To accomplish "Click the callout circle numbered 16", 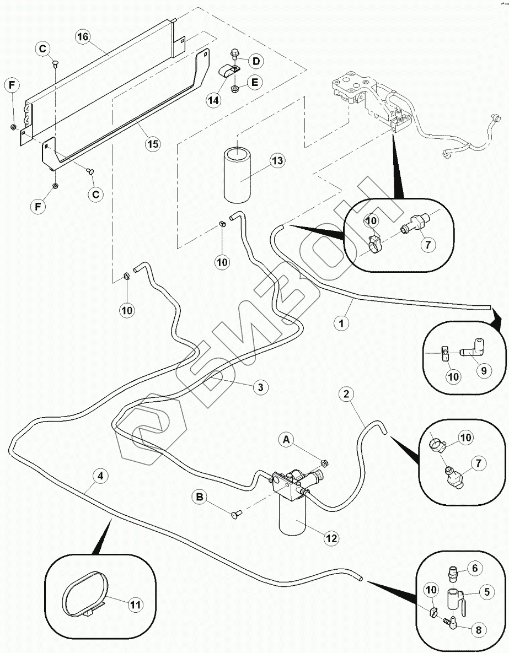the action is [83, 37].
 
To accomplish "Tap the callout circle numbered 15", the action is [153, 144].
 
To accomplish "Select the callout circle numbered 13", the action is [277, 161].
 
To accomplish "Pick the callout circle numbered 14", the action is [213, 100].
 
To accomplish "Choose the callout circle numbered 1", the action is [341, 323].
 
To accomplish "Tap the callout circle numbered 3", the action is [260, 387].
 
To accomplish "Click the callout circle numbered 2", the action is [346, 393].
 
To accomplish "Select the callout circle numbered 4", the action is [100, 476].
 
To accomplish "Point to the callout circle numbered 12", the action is [331, 538].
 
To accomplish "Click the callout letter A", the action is [286, 440].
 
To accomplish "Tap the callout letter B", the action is [201, 497].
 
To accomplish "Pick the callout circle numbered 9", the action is [484, 370].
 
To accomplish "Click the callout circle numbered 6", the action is [478, 568].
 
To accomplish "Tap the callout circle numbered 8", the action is [479, 630].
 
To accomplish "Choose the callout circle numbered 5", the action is [487, 592].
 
